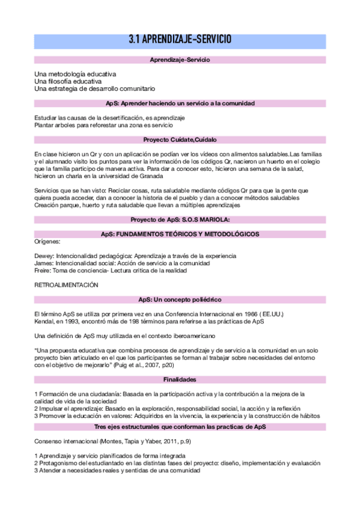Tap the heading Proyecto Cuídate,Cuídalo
180,140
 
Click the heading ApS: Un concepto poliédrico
180,299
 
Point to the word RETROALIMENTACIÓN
66,285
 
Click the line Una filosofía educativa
68,81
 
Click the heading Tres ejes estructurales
180,426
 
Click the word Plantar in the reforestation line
44,125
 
